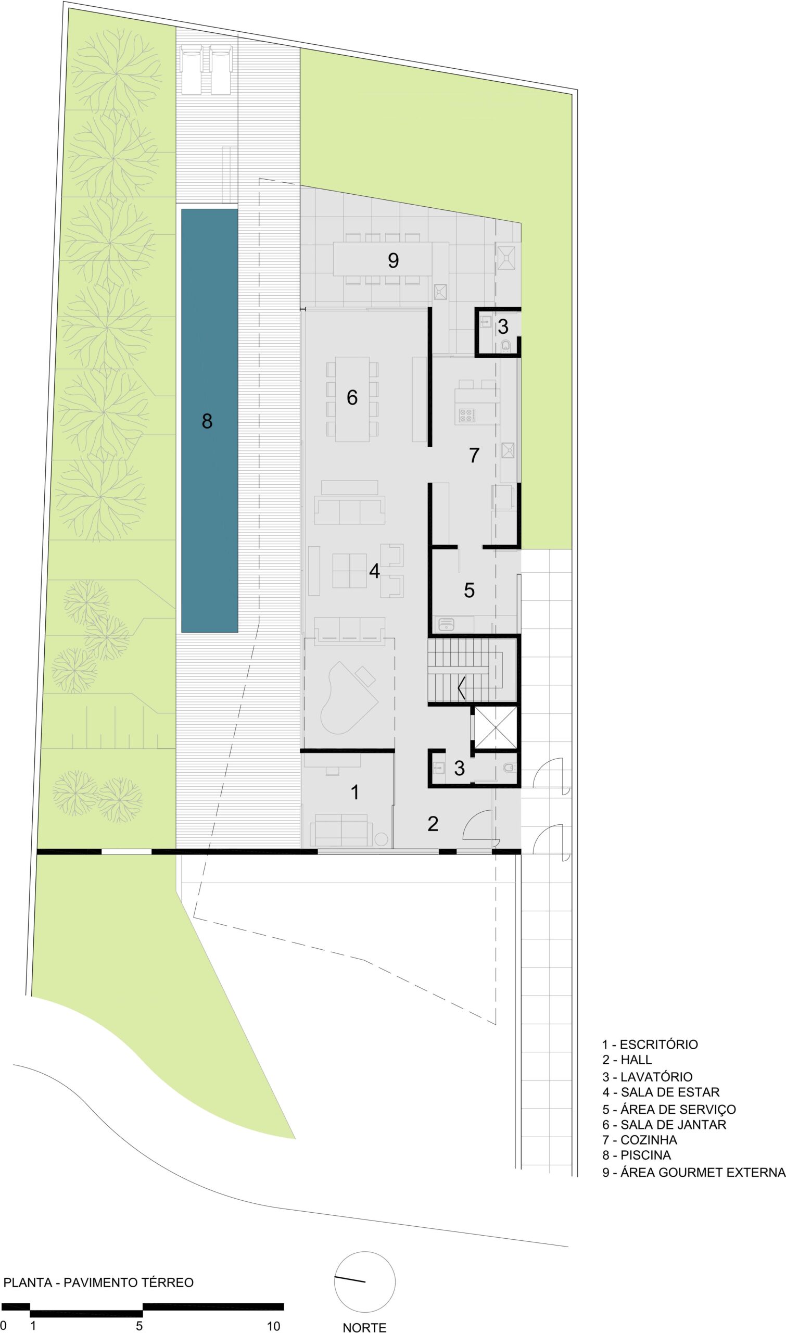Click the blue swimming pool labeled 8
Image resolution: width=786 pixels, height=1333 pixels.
pyautogui.click(x=209, y=420)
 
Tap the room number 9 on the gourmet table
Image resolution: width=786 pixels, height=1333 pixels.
pyautogui.click(x=393, y=260)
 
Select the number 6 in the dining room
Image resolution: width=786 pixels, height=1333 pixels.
pyautogui.click(x=352, y=397)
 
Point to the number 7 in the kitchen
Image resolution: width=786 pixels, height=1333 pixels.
pyautogui.click(x=474, y=455)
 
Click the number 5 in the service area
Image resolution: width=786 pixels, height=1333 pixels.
pyautogui.click(x=470, y=590)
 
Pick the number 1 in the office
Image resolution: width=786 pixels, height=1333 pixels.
pyautogui.click(x=356, y=793)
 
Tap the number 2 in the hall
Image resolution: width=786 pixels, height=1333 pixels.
pyautogui.click(x=433, y=823)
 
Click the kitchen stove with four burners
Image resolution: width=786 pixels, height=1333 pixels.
pyautogui.click(x=466, y=415)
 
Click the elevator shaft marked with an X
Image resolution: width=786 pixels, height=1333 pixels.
pyautogui.click(x=495, y=727)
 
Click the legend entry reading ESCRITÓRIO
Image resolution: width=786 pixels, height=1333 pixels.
pyautogui.click(x=650, y=1044)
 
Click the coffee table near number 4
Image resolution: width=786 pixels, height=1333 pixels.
pyautogui.click(x=350, y=571)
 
